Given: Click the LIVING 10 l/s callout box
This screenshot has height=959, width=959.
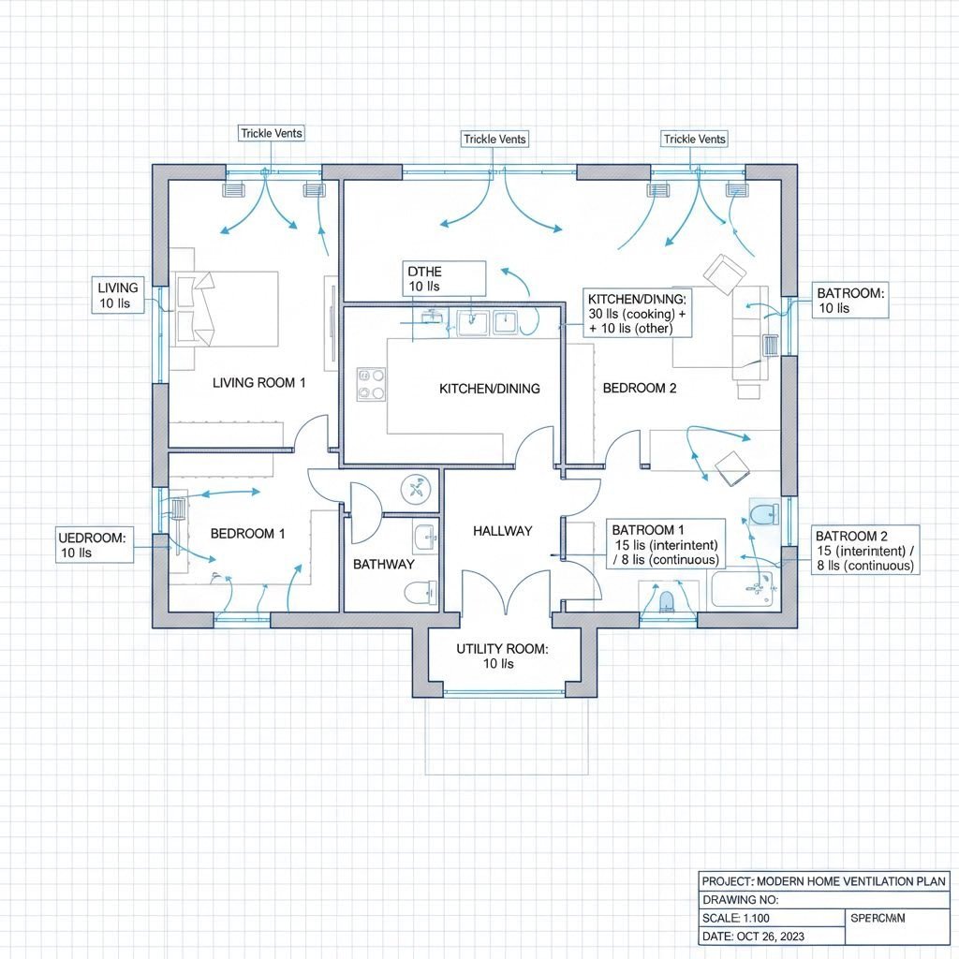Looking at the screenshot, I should coord(119,295).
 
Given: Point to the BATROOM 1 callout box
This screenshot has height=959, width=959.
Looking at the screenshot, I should coord(665,543).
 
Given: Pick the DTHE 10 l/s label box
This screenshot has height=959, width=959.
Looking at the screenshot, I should coord(443,279).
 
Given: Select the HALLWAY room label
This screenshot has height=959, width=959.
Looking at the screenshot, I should coord(502,531).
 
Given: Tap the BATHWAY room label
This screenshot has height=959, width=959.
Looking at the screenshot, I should coord(383,565).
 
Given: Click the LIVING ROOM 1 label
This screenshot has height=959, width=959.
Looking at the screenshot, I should coord(259,382).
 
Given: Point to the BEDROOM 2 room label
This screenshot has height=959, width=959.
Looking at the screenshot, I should coord(639,388).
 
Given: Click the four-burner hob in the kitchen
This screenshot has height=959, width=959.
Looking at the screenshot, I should coord(371,383).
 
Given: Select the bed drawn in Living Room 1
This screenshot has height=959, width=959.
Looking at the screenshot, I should coord(227,308).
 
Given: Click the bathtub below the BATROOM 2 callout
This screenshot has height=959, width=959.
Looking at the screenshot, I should coord(744,589).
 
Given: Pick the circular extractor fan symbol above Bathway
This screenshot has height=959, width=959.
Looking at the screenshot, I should coord(413,488).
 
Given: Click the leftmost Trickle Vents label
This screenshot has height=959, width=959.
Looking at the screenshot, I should coord(272,134).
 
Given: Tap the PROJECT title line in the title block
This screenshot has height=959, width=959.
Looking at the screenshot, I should coord(824,881).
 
